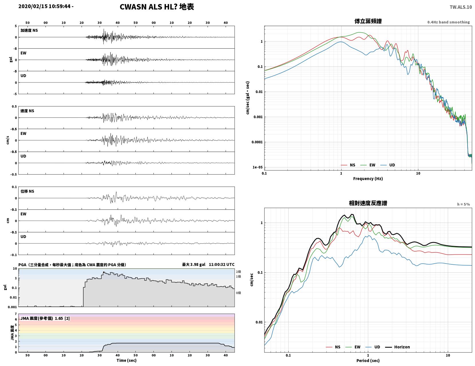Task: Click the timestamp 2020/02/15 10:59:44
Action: point(44,6)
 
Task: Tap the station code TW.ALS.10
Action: point(461,7)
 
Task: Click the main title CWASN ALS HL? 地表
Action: point(157,7)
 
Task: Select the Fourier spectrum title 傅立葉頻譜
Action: point(368,21)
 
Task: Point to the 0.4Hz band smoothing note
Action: point(448,22)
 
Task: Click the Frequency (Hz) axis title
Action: point(368,178)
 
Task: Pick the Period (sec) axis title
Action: point(368,360)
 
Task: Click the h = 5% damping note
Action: point(463,204)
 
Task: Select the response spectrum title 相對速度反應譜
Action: point(368,203)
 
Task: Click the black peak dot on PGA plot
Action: point(104,272)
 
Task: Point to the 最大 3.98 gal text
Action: point(194,264)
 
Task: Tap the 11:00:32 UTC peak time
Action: point(222,264)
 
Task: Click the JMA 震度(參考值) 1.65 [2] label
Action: point(45,318)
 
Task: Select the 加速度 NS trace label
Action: point(29,30)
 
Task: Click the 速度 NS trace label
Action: point(27,111)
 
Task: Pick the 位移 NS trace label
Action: point(27,191)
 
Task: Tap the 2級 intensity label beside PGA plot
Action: point(238,272)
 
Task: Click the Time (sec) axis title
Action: point(126,360)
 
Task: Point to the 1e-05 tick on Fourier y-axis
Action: point(257,167)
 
